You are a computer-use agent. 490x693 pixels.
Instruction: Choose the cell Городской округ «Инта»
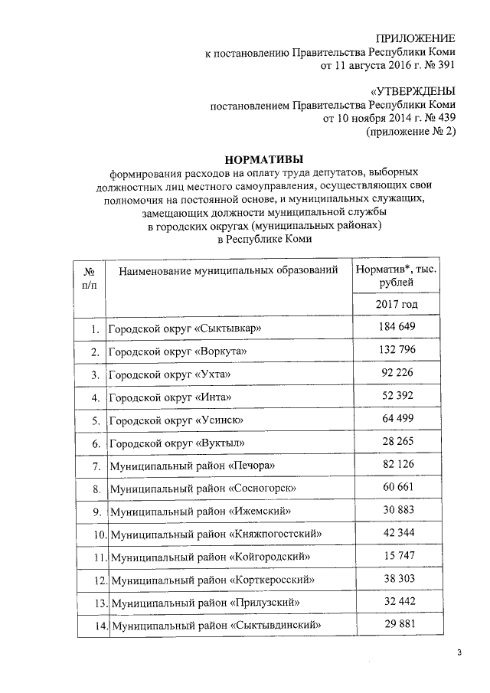pos(169,397)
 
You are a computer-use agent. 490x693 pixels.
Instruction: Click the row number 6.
pos(96,443)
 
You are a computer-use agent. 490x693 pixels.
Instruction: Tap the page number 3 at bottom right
pos(459,652)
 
